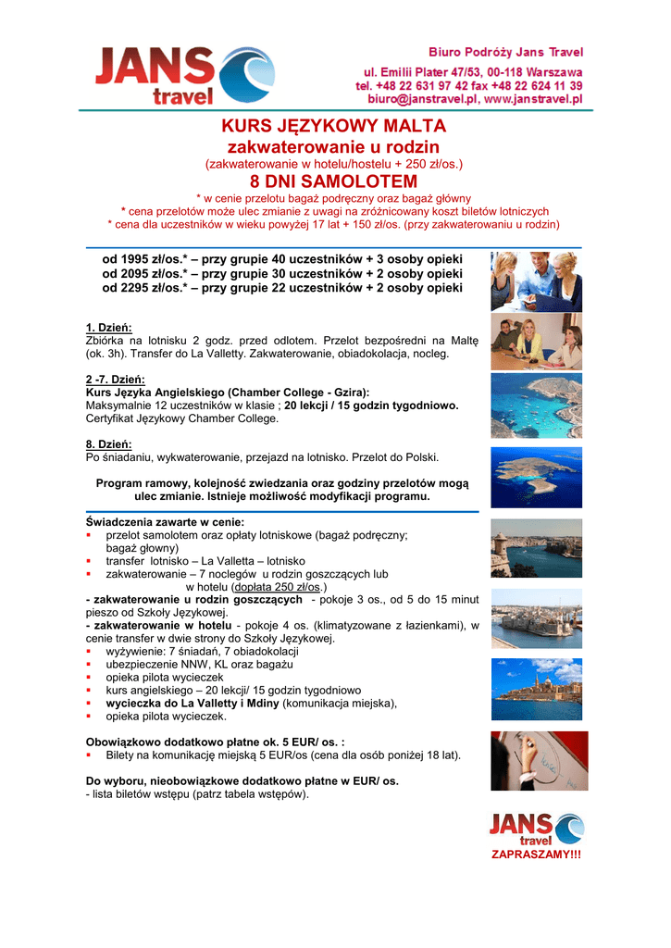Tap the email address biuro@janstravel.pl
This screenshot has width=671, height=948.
coord(422,98)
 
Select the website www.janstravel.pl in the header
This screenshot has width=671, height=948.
coord(533,98)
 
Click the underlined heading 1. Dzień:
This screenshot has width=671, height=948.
coord(109,328)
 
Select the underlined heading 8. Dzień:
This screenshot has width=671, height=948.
coord(109,444)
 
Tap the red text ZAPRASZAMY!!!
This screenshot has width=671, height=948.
coord(536,854)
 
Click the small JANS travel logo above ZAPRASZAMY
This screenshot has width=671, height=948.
coord(536,828)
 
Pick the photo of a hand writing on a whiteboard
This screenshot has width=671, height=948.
coord(536,760)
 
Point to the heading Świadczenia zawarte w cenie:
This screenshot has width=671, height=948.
coord(165,522)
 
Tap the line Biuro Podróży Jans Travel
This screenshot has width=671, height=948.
coord(504,52)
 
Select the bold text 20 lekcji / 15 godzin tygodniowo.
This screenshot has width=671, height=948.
coord(371,405)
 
